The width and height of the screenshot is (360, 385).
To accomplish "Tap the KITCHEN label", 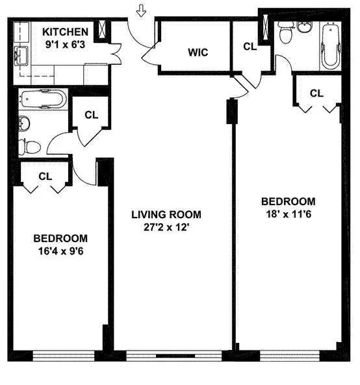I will tap(65, 32).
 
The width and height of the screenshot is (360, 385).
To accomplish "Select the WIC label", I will tap(198, 52).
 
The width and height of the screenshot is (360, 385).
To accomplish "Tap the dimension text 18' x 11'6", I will tap(288, 214).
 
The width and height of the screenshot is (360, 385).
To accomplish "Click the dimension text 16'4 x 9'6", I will tap(60, 251).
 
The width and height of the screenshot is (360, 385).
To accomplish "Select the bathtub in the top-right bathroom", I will tap(330, 45).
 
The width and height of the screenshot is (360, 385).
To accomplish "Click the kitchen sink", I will tap(21, 53).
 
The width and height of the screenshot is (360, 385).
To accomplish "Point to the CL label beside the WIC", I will tap(250, 46).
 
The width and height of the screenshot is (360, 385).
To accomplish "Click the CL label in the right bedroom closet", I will tap(316, 93).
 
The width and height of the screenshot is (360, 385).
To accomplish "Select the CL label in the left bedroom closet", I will tap(45, 175).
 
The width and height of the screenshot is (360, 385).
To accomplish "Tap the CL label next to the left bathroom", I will tap(92, 115).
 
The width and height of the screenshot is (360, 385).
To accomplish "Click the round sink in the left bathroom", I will tap(24, 121).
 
